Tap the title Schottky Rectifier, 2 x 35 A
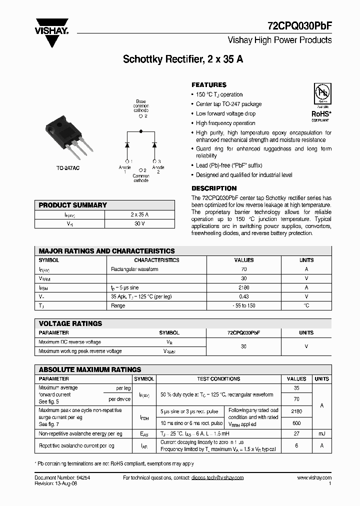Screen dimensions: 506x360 click(183, 59)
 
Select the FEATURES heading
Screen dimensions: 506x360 click(209, 85)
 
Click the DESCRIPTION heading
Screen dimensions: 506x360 click(214, 188)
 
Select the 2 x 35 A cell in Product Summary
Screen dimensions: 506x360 click(139, 214)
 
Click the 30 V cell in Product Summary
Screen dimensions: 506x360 click(139, 223)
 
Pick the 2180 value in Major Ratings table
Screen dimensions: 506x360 click(244, 287)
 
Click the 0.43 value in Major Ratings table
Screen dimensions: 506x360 click(244, 296)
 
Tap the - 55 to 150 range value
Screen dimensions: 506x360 click(244, 305)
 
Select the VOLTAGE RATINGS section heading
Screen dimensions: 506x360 click(70, 323)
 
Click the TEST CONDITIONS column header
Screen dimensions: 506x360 click(218, 379)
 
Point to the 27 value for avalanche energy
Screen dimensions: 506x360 click(297, 433)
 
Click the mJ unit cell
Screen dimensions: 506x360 click(321, 433)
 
